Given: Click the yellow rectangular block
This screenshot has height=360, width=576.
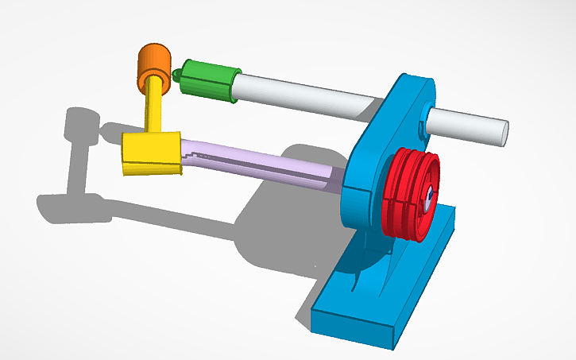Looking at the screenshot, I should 151,153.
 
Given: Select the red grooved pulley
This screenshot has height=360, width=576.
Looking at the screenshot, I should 409,193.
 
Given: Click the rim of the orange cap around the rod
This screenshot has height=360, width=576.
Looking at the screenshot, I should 152,83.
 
